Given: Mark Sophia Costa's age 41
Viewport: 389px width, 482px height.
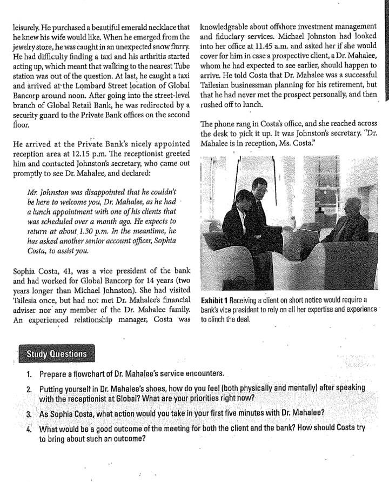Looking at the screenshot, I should (x=65, y=271).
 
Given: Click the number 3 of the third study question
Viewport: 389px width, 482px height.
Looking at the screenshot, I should (x=29, y=413).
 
